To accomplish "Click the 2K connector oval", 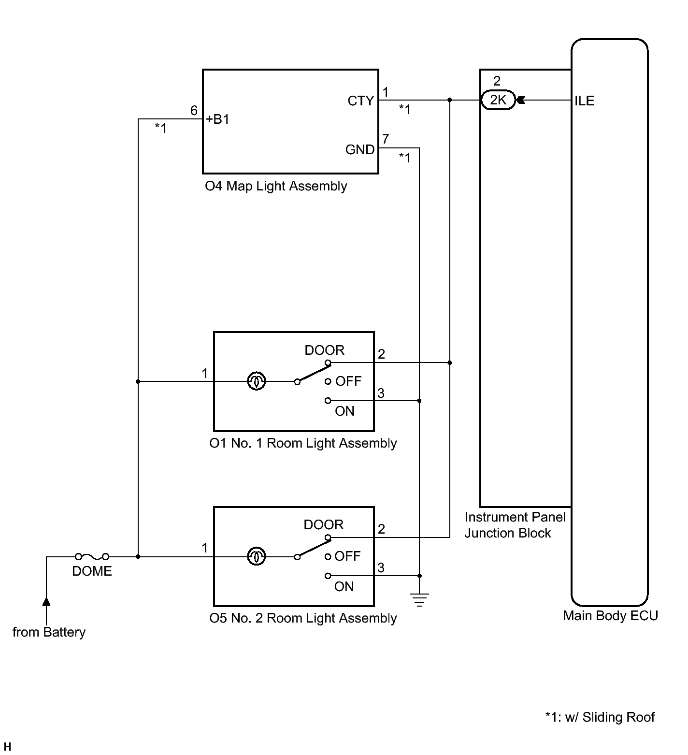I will [498, 100].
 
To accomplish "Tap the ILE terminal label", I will [584, 101].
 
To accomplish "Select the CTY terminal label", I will [360, 101].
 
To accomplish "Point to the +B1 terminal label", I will [217, 119].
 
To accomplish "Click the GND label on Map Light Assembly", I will [360, 150].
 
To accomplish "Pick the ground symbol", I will [419, 600].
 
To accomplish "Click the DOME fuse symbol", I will [92, 557].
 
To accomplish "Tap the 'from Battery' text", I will [49, 632].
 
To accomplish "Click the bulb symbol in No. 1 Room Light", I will [256, 382].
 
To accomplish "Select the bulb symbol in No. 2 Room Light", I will [256, 557].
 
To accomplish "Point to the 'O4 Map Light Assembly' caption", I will [276, 186].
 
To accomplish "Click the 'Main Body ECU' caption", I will [610, 616].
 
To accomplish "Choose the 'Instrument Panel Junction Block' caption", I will [515, 525].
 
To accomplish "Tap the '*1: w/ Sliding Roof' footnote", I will [600, 717].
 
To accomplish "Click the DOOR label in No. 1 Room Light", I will [324, 350].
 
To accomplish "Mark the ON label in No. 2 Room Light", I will [344, 587].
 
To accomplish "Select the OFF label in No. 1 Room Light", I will [348, 381].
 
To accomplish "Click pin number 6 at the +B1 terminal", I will [194, 111].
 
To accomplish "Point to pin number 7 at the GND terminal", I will [385, 139].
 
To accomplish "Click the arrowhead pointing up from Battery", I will [46, 601].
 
